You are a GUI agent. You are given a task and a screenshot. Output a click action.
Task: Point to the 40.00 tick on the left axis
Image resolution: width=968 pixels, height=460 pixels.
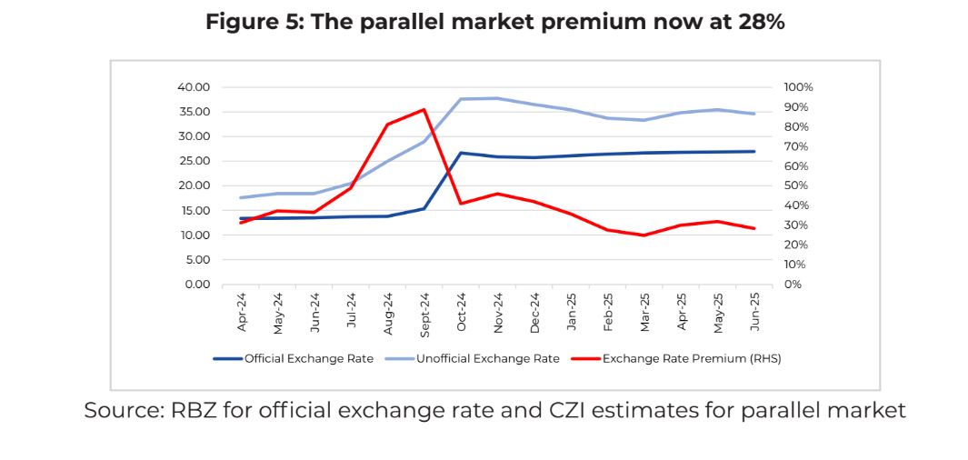point(194,87)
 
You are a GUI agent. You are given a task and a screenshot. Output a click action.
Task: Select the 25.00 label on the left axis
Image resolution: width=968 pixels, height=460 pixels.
point(194,161)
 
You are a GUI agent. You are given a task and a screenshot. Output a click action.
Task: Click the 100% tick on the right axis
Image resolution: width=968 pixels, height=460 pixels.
point(798,87)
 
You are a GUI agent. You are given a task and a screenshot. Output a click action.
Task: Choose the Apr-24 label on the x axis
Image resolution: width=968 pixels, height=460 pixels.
point(243,310)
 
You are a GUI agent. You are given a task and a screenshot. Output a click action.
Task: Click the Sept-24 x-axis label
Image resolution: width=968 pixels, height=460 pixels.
point(424,312)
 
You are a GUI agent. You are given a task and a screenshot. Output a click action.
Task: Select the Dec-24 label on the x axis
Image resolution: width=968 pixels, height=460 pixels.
point(534,310)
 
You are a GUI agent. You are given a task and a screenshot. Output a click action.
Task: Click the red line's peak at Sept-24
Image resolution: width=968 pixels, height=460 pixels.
point(424,110)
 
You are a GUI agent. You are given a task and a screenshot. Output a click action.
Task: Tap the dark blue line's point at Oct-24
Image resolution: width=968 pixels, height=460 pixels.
point(461,153)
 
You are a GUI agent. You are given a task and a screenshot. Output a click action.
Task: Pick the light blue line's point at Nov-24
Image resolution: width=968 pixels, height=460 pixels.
point(498,98)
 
